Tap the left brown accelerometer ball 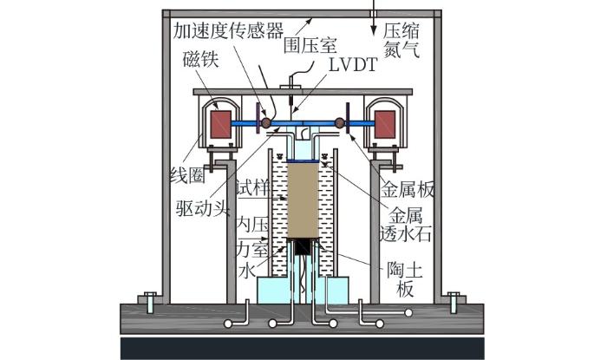266,123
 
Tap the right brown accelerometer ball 341,123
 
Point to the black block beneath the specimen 303,247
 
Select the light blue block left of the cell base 261,291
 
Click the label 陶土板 401,279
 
